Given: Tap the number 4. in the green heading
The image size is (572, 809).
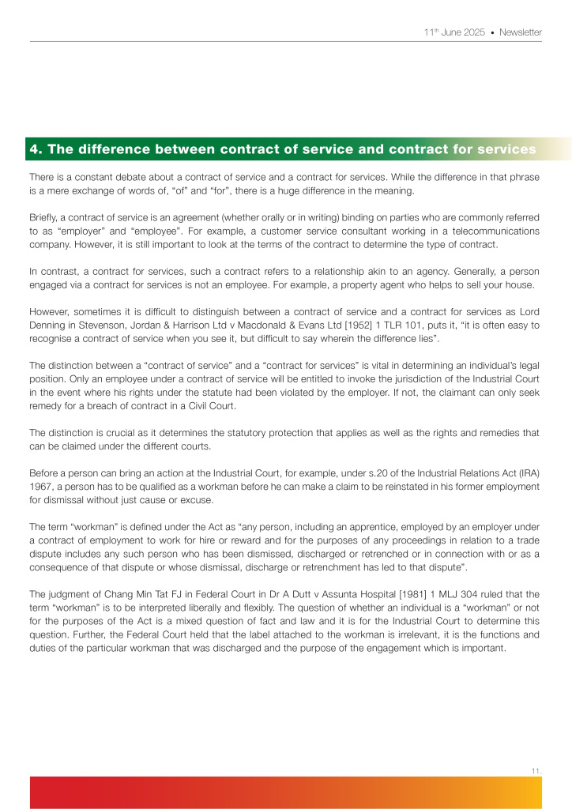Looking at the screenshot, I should (x=36, y=149).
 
